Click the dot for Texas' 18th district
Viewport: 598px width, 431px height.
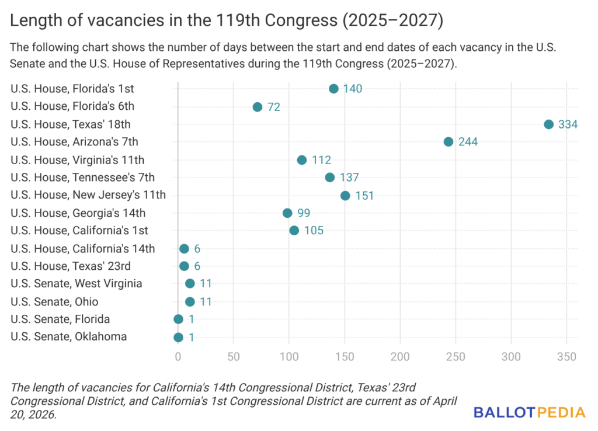[548, 124]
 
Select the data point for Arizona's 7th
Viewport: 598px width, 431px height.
[448, 142]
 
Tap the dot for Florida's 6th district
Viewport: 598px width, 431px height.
[258, 107]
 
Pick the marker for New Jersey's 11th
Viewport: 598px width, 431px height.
[345, 196]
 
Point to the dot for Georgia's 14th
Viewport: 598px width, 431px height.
[287, 213]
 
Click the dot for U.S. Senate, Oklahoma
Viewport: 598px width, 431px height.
[178, 337]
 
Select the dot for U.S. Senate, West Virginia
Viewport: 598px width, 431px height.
[190, 284]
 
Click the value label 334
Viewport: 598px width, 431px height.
[568, 124]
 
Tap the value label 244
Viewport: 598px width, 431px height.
[468, 142]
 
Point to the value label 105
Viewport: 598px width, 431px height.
[314, 231]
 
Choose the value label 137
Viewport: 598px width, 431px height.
[349, 178]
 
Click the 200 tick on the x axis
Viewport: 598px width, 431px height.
[401, 357]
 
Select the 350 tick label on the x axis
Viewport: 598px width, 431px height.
[566, 357]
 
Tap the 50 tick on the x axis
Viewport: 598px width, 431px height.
[234, 357]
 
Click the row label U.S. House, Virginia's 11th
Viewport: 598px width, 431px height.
[78, 160]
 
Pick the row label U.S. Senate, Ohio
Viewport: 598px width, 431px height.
[54, 302]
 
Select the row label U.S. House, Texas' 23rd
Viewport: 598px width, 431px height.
[71, 266]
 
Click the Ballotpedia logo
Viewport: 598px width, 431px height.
[529, 412]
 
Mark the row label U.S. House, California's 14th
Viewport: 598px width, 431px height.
[83, 249]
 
